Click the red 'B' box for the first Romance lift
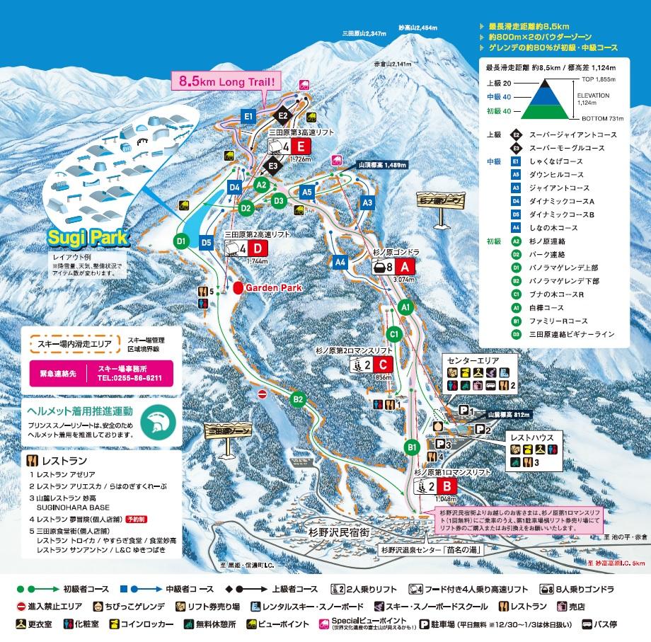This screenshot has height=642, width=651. pyautogui.click(x=446, y=486)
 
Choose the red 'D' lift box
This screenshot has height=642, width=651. pyautogui.click(x=258, y=248)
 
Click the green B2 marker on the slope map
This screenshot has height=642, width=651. pyautogui.click(x=298, y=399)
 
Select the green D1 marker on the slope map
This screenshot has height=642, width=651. pyautogui.click(x=180, y=241)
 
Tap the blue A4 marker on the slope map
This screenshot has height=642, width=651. pyautogui.click(x=340, y=262)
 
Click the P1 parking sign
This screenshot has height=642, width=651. pyautogui.click(x=464, y=410)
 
